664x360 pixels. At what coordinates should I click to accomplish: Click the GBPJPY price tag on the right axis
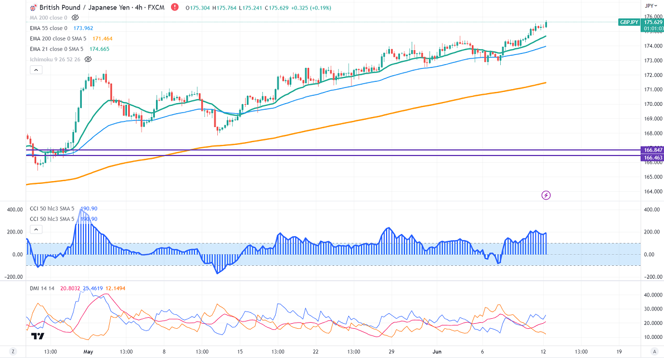[x=629, y=22]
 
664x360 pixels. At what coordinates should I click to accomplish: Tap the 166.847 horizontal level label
[x=652, y=150]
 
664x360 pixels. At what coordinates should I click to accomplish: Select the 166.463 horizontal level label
[x=652, y=158]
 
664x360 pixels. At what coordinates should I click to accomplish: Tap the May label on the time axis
[x=88, y=352]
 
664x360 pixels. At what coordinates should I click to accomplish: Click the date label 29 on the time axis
[x=392, y=352]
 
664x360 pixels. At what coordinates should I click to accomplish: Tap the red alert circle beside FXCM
[x=175, y=7]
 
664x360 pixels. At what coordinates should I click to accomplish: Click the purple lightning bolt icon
[x=546, y=195]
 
